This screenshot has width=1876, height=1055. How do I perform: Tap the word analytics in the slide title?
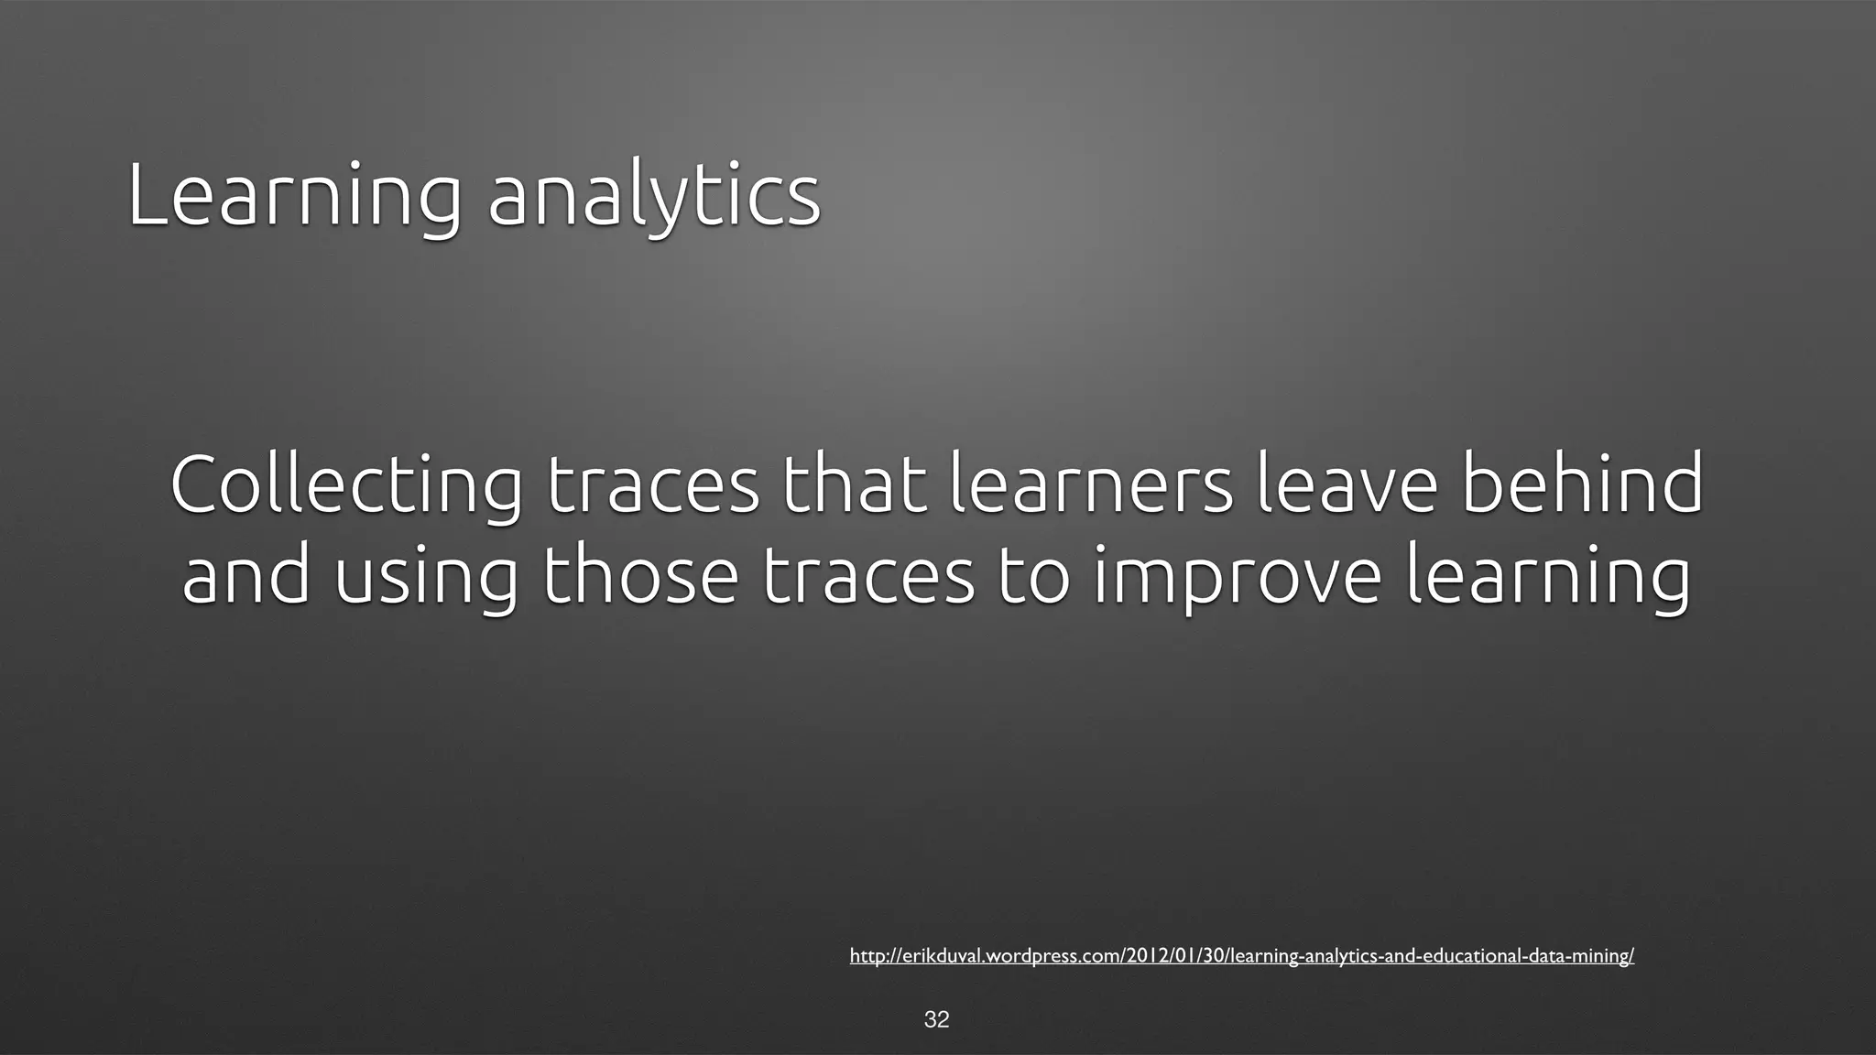pyautogui.click(x=654, y=196)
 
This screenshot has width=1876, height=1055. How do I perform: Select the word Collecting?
pyautogui.click(x=346, y=485)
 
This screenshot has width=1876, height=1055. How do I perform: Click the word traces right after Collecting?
pyautogui.click(x=652, y=485)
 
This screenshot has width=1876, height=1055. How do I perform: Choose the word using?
pyautogui.click(x=425, y=579)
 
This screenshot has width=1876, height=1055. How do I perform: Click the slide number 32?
pyautogui.click(x=936, y=1019)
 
